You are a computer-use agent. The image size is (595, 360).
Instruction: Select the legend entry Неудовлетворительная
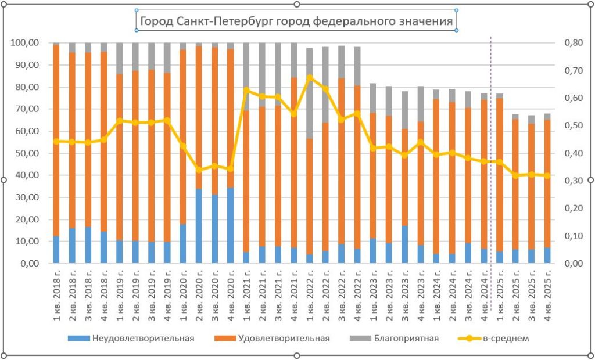[x=142, y=338]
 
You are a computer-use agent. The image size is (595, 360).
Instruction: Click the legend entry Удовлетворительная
[x=284, y=338]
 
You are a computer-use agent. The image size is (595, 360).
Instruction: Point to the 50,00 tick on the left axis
[x=26, y=153]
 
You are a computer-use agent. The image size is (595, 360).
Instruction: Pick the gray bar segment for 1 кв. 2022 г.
[x=310, y=93]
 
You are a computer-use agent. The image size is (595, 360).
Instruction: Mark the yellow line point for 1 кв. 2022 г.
[x=310, y=77]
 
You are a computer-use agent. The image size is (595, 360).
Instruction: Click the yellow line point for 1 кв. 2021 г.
[x=246, y=90]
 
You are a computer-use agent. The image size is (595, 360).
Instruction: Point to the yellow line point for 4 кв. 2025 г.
[x=547, y=175]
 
